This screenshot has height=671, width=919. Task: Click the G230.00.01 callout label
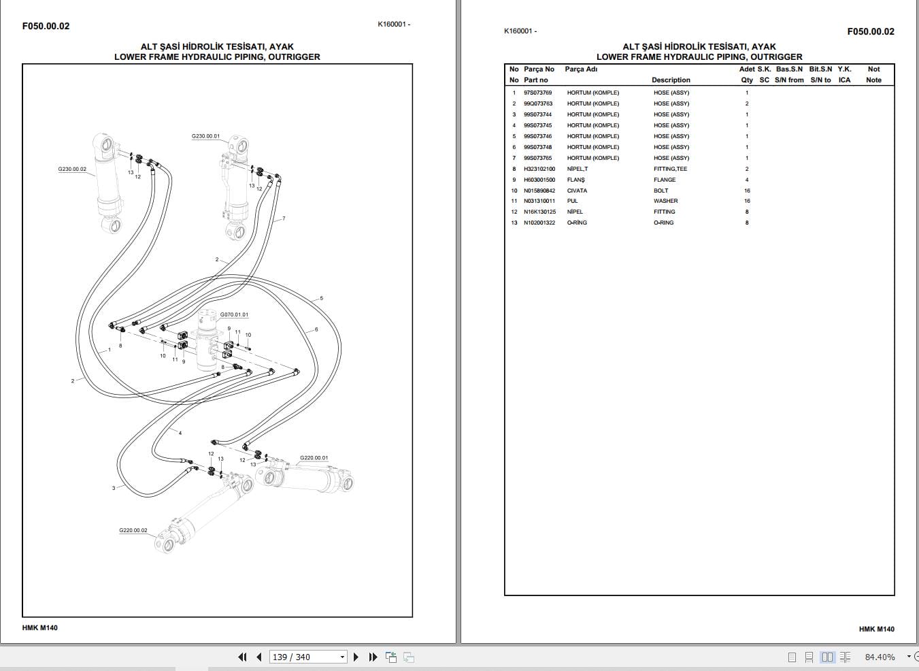(x=205, y=136)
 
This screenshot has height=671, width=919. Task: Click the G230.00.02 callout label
(x=72, y=169)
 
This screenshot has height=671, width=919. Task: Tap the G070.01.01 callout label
(x=234, y=315)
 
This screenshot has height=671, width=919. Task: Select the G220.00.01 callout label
(x=314, y=458)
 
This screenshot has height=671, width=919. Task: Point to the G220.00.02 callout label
(x=133, y=530)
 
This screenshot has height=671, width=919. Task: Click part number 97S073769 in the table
(x=537, y=93)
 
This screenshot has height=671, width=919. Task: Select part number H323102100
(x=539, y=169)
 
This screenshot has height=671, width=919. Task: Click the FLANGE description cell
(x=665, y=180)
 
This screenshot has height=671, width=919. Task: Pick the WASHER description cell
(x=665, y=201)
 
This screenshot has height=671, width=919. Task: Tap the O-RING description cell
(x=663, y=223)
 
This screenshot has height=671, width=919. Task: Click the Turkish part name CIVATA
(x=577, y=191)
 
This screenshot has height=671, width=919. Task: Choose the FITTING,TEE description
(x=670, y=169)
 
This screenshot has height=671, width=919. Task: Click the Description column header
(x=671, y=80)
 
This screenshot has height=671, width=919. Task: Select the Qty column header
(x=747, y=80)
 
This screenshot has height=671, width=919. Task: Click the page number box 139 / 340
(x=307, y=657)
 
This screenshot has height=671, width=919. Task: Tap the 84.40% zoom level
(x=880, y=657)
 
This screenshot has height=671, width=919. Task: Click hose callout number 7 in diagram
(x=284, y=218)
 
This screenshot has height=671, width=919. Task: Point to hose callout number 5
(x=321, y=298)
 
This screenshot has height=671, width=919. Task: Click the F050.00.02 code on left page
(x=46, y=26)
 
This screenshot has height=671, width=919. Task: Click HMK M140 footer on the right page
(x=876, y=629)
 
